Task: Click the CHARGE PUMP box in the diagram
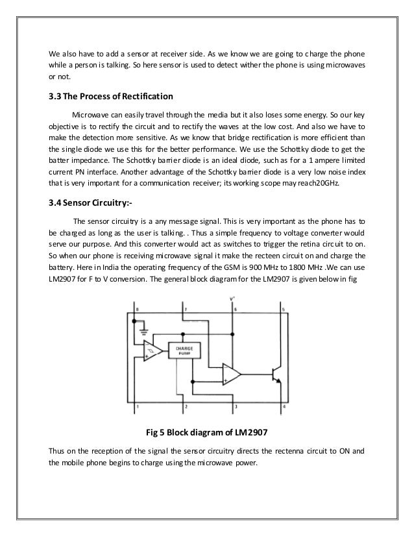184,350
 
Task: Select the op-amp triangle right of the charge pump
231,373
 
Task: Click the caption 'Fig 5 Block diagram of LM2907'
206,433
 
